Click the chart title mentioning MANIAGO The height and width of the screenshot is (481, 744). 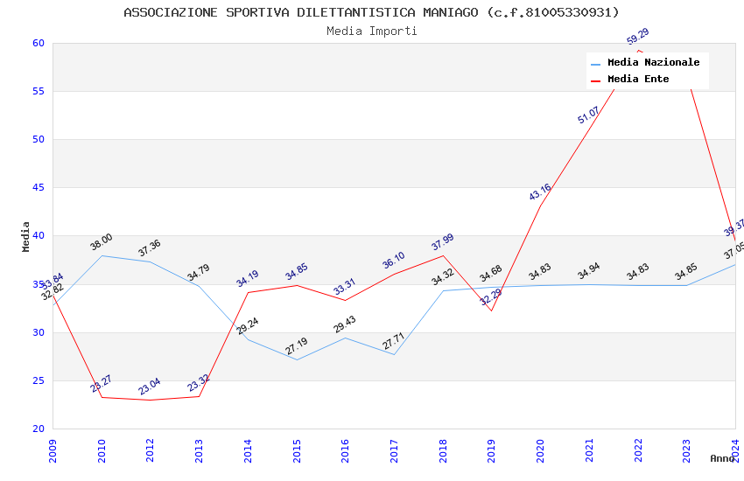[371, 12]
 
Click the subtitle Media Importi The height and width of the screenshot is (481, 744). [371, 31]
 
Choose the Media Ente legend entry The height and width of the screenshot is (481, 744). [637, 79]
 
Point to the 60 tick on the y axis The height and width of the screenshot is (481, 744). [38, 43]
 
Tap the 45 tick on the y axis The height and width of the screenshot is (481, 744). [38, 187]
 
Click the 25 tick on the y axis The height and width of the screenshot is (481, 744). [38, 380]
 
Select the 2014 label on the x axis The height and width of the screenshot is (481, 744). [248, 450]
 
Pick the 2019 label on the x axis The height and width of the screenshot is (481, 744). [492, 450]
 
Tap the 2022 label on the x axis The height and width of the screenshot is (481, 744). [638, 450]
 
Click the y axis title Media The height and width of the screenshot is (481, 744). [25, 236]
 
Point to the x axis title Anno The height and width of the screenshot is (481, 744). [722, 458]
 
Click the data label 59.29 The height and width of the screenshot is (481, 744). [637, 36]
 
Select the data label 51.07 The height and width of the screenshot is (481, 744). [588, 115]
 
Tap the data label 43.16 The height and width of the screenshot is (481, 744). [540, 192]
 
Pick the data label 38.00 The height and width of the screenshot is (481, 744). [101, 242]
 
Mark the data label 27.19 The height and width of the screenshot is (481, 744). [296, 346]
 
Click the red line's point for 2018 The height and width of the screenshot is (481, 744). [444, 255]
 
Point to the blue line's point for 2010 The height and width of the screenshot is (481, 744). [102, 255]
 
